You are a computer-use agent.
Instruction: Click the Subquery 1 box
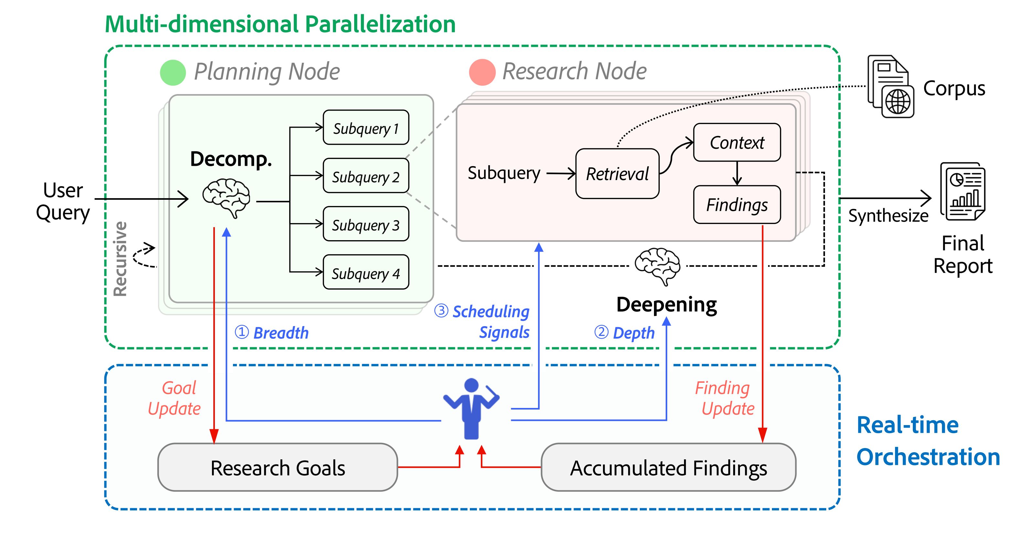click(x=366, y=128)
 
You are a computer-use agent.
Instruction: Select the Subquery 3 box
click(x=366, y=224)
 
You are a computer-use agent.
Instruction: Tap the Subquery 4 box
click(x=366, y=272)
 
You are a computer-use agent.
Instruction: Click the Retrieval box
click(x=617, y=174)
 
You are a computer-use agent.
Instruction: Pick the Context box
click(x=737, y=143)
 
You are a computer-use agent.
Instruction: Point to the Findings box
click(x=737, y=205)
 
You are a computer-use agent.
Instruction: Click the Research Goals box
click(x=277, y=468)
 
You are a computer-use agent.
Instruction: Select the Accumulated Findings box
click(x=668, y=468)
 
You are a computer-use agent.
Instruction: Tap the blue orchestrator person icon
click(x=471, y=409)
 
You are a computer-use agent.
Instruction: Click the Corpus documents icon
click(x=890, y=86)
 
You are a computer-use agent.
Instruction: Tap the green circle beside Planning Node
click(x=173, y=73)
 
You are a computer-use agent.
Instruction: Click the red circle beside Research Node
click(x=482, y=72)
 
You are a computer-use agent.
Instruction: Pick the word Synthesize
click(x=888, y=216)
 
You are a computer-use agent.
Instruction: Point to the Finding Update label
click(x=725, y=398)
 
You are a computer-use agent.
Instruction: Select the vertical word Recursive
click(x=120, y=259)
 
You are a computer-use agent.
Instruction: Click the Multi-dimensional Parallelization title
click(x=280, y=24)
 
